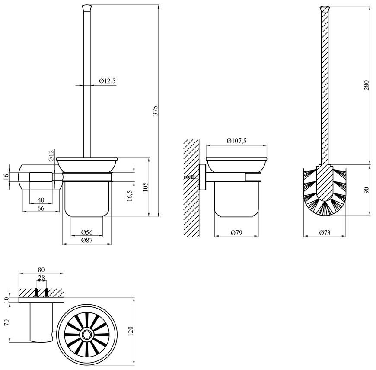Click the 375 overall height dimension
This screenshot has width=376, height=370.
(156, 110)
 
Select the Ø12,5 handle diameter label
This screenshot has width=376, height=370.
(107, 81)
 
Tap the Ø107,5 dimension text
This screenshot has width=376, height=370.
(236, 141)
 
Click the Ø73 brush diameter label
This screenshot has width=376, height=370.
(325, 232)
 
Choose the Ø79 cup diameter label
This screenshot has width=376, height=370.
(236, 232)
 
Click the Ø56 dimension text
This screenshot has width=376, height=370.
(87, 232)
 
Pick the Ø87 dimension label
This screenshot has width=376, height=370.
(87, 240)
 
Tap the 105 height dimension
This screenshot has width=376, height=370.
(146, 187)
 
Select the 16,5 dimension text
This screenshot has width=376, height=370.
(130, 196)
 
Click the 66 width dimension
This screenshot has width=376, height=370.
(41, 208)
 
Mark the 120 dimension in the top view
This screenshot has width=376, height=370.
(131, 331)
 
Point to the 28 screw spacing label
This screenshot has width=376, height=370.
(41, 277)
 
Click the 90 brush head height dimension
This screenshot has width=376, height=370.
(366, 191)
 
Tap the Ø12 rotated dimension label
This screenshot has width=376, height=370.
(51, 156)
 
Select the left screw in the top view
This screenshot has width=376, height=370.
(36, 292)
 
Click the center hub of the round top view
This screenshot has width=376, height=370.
(86, 335)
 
